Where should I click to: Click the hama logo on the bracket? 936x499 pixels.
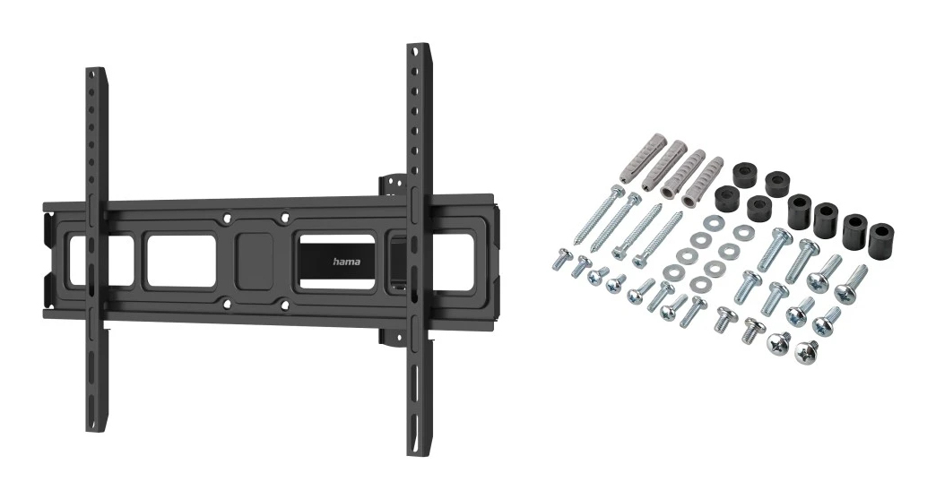346,262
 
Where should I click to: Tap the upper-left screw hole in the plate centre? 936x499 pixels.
227,218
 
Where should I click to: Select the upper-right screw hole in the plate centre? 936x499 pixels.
284,217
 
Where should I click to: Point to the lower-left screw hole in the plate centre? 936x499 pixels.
227,304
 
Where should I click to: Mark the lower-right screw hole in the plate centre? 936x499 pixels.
284,305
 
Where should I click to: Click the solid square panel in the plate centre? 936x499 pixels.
255,261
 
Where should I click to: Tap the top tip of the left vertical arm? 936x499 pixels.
96,69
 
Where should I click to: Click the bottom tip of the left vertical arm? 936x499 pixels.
96,430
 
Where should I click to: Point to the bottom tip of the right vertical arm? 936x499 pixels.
417,454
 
